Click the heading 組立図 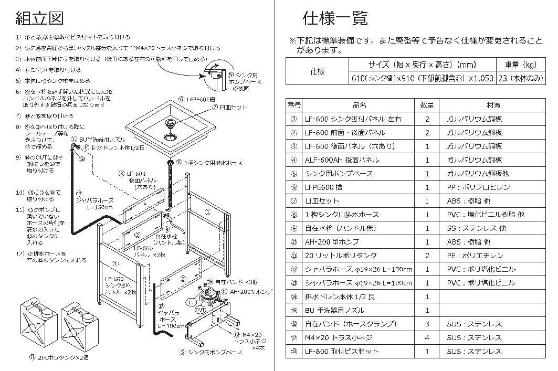(x=39, y=19)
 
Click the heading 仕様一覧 (x=334, y=19)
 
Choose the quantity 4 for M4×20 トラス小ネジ (x=427, y=337)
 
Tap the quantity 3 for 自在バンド (x=427, y=324)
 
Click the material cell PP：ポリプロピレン (x=477, y=187)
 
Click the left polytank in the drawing (x=38, y=324)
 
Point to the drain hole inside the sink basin (x=171, y=137)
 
